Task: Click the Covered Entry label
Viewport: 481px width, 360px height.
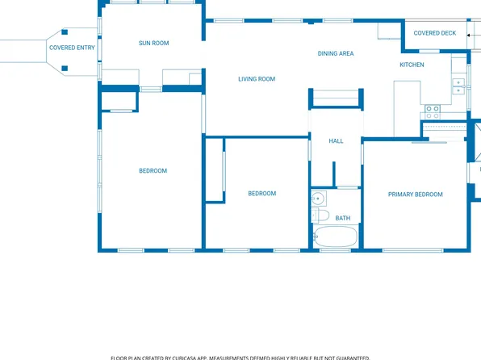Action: pyautogui.click(x=72, y=48)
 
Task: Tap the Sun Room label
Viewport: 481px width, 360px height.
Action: pyautogui.click(x=153, y=43)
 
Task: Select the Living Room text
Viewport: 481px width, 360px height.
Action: pyautogui.click(x=257, y=79)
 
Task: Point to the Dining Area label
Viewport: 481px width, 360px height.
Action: pyautogui.click(x=336, y=54)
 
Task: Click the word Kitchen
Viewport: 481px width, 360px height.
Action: pyautogui.click(x=412, y=65)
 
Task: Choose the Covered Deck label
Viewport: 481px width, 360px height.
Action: pyautogui.click(x=435, y=33)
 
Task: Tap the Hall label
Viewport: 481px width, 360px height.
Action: pyautogui.click(x=336, y=141)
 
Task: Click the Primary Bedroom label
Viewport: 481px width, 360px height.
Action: pyautogui.click(x=415, y=195)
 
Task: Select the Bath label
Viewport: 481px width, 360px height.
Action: pyautogui.click(x=343, y=218)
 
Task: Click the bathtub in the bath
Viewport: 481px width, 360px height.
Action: pyautogui.click(x=335, y=237)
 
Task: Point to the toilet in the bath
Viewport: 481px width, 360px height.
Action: pyautogui.click(x=321, y=216)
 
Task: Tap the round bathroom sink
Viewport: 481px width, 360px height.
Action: pyautogui.click(x=319, y=198)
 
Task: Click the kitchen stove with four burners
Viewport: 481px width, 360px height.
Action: pyautogui.click(x=433, y=109)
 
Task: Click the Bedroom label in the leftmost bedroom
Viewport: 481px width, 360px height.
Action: pyautogui.click(x=153, y=171)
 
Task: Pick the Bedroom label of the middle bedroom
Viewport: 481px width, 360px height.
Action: pyautogui.click(x=261, y=194)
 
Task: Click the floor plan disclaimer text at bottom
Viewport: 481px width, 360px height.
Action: pyautogui.click(x=240, y=357)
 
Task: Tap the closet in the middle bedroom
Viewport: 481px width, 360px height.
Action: pyautogui.click(x=215, y=170)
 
